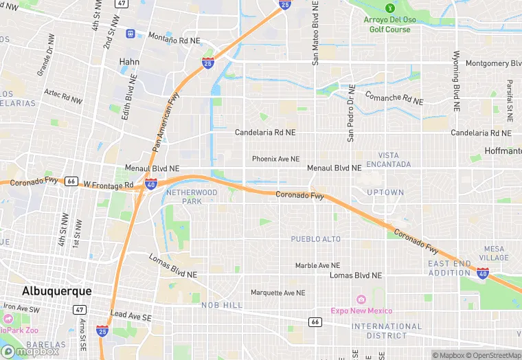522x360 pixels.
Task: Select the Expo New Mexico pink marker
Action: click(x=361, y=299)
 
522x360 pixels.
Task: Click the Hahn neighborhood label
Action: click(x=129, y=62)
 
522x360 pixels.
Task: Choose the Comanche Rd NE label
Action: click(x=394, y=97)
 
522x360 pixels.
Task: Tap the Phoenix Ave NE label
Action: click(x=275, y=159)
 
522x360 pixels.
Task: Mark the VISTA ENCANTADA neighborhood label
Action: click(x=389, y=160)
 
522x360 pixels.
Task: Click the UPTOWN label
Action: click(x=385, y=192)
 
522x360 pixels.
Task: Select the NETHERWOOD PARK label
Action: click(x=192, y=197)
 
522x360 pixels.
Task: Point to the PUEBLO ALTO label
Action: click(x=315, y=239)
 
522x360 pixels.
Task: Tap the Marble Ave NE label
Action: click(x=317, y=265)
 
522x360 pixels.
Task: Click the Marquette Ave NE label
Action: click(x=277, y=293)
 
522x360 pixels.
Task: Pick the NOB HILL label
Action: click(x=222, y=304)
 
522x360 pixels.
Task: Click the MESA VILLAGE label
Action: click(x=494, y=254)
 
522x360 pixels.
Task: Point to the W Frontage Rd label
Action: click(x=109, y=185)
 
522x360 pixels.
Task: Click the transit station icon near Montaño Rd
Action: click(x=130, y=33)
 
